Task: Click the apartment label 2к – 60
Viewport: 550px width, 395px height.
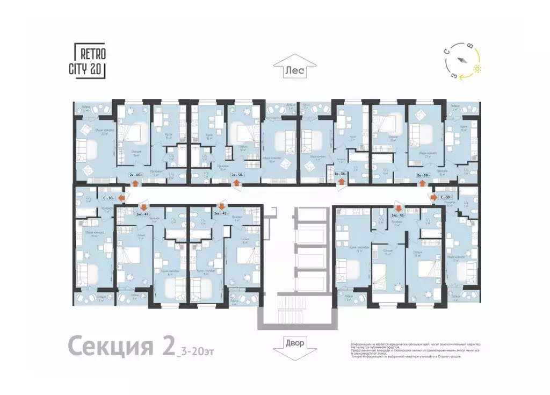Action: (135, 175)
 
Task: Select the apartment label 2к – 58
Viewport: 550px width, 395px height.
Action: (237, 175)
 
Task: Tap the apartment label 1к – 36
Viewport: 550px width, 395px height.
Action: (339, 175)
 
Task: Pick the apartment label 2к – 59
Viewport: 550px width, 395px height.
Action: (423, 175)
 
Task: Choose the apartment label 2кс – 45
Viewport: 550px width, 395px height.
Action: (221, 213)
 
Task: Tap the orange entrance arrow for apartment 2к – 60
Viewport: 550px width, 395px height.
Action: (134, 183)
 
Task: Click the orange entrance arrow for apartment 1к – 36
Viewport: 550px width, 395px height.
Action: (340, 183)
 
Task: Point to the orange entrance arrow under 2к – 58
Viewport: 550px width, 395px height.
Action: (237, 183)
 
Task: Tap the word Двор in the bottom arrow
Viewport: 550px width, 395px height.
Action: (294, 343)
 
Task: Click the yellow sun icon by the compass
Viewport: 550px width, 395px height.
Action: (477, 69)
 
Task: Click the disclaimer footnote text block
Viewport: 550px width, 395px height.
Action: (413, 349)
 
